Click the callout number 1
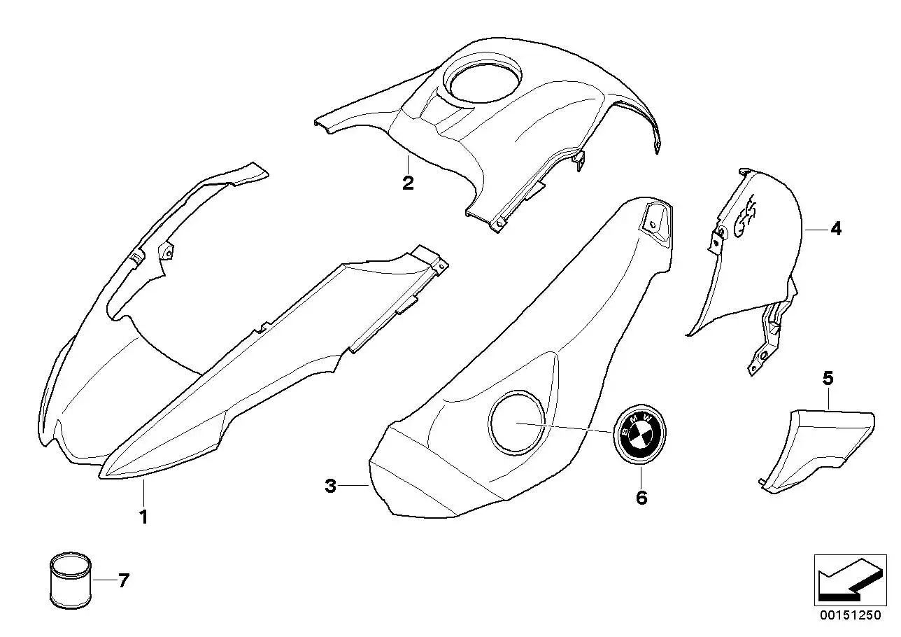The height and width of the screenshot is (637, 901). pyautogui.click(x=143, y=517)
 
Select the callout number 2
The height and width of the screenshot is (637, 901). pyautogui.click(x=408, y=183)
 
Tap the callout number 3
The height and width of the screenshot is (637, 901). pyautogui.click(x=330, y=486)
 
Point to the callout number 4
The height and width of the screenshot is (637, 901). pyautogui.click(x=836, y=229)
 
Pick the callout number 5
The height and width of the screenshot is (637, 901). pyautogui.click(x=828, y=378)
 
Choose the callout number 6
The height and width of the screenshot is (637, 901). pyautogui.click(x=641, y=498)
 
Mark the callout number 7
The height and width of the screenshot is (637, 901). pyautogui.click(x=123, y=581)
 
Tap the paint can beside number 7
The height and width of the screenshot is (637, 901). pyautogui.click(x=70, y=580)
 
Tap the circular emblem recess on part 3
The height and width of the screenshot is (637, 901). pyautogui.click(x=516, y=421)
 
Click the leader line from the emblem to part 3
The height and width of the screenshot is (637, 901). pyautogui.click(x=565, y=427)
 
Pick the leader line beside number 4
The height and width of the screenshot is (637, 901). pyautogui.click(x=816, y=230)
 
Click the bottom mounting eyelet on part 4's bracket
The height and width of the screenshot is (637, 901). pyautogui.click(x=763, y=354)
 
